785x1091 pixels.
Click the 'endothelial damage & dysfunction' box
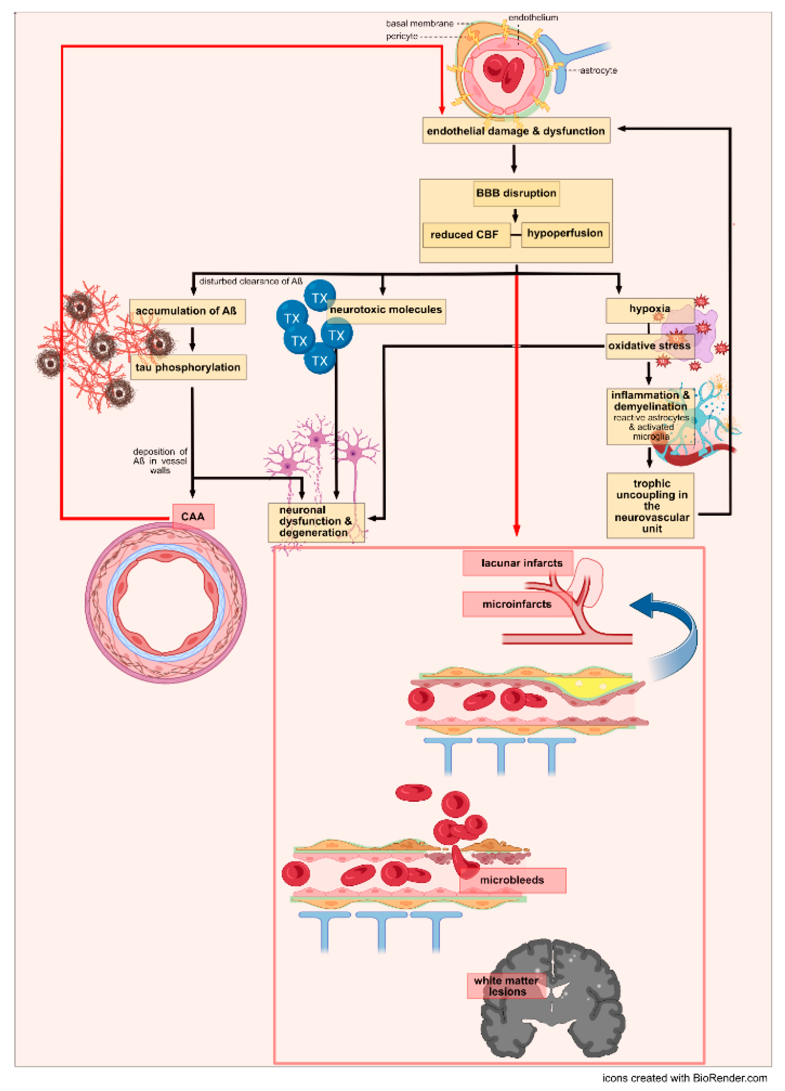point(516,131)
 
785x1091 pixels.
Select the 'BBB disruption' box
point(516,193)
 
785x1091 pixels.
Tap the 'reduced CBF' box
point(465,235)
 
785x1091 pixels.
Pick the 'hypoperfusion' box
point(564,234)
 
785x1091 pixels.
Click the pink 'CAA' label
point(193,516)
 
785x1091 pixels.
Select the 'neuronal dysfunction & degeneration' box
point(315,522)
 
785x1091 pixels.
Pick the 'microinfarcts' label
point(516,604)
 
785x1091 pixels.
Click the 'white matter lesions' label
point(506,986)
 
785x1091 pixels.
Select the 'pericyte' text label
point(401,36)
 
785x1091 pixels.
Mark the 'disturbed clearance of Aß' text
point(251,281)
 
